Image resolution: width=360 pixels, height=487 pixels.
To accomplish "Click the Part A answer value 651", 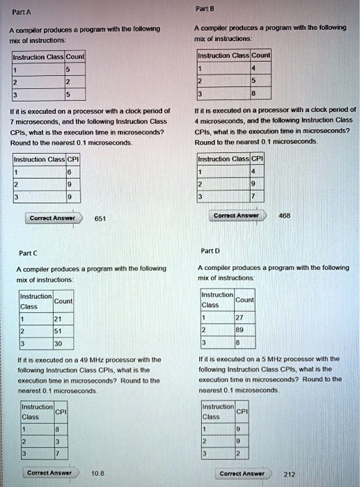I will (x=100, y=218).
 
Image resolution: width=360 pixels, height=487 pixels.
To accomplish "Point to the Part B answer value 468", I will (x=284, y=216).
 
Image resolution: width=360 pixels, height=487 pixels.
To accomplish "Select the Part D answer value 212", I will (x=290, y=474).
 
